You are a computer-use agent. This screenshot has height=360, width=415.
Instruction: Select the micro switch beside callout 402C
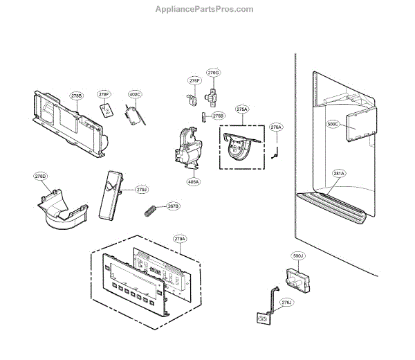tap(131, 116)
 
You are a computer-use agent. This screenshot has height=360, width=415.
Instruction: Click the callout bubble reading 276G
tap(214, 73)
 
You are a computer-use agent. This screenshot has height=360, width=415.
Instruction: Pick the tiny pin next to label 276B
tap(204, 116)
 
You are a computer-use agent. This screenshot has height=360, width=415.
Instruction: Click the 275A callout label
tap(241, 109)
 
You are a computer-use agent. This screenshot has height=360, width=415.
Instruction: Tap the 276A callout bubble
tap(276, 127)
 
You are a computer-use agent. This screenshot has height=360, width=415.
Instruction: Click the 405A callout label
tap(193, 182)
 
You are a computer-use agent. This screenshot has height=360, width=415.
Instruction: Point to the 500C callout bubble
tap(333, 125)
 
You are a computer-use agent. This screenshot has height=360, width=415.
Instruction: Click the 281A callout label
tap(338, 174)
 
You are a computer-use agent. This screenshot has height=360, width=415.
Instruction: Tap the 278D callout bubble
tap(41, 177)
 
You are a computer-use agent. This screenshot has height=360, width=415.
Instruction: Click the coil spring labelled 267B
tap(151, 210)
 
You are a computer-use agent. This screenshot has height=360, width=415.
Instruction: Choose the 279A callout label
tap(179, 239)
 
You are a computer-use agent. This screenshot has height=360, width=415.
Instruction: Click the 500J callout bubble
tap(298, 256)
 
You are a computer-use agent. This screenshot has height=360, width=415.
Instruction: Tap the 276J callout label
tap(286, 303)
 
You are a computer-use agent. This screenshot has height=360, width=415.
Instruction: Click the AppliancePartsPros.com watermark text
tap(207, 10)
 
